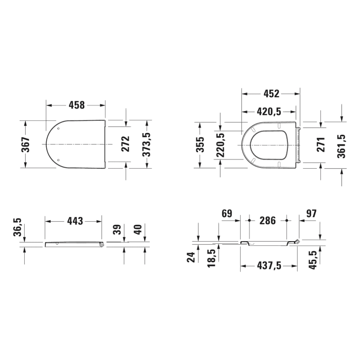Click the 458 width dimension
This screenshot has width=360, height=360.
pos(77,105)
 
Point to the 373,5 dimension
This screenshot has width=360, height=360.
pos(147,145)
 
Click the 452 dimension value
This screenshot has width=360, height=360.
pos(271,94)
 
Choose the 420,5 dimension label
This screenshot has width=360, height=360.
pos(269,112)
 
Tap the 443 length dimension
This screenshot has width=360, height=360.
pos(75,221)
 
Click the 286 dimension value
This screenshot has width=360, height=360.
pos(267,221)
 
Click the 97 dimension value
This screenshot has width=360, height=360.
pos(312,213)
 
